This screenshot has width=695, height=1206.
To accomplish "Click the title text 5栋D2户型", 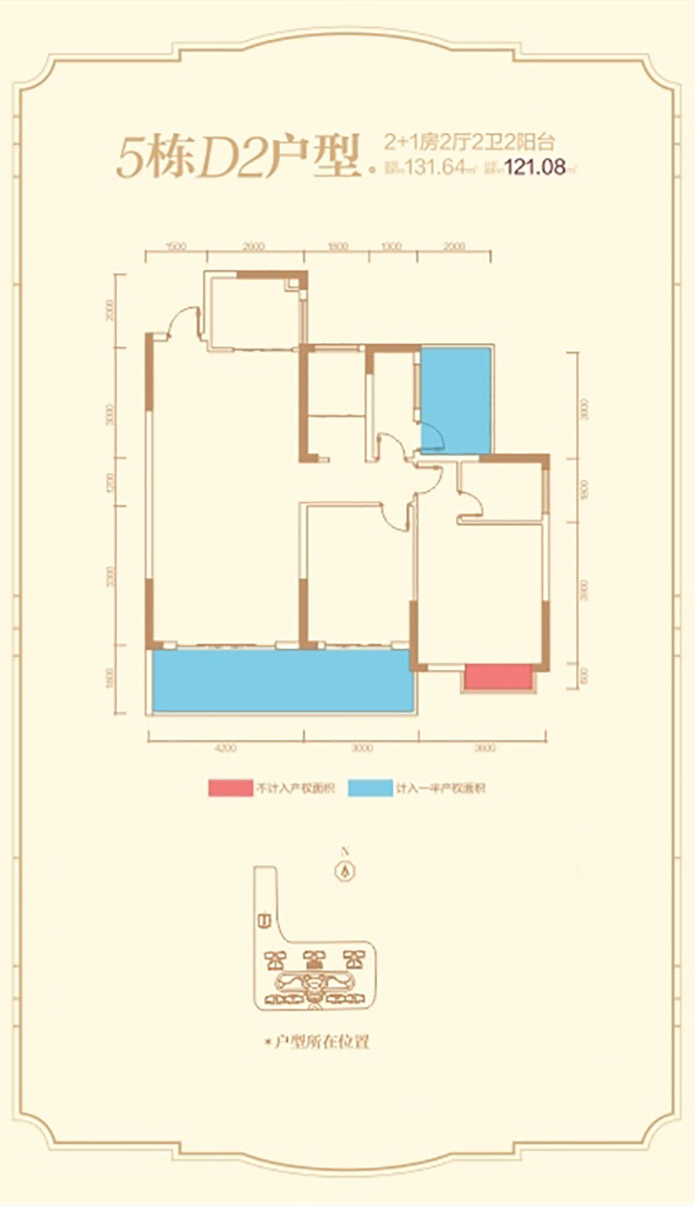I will pos(238,158).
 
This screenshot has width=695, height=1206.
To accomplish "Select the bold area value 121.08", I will pos(536,167).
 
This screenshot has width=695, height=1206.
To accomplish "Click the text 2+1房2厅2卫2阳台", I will pos(469,142).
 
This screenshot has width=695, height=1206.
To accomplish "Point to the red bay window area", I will pos(497,677).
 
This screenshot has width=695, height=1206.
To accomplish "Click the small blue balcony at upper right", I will pos(455,399).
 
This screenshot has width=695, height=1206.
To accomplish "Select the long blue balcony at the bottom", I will pos(282,681).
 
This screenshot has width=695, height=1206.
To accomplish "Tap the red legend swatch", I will pos(230,789).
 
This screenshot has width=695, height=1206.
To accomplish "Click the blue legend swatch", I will pos(370,789).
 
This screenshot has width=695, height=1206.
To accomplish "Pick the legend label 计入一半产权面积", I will pos(440,789).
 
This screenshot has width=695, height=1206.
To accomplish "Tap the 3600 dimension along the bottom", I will pos(484,747).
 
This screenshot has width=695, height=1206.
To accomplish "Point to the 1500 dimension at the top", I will pos(176,246).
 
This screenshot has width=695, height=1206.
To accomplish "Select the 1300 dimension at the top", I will pos(392,246).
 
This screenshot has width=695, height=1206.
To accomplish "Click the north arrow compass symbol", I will pos(347,871).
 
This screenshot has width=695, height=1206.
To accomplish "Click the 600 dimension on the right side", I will pos(583,677).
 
